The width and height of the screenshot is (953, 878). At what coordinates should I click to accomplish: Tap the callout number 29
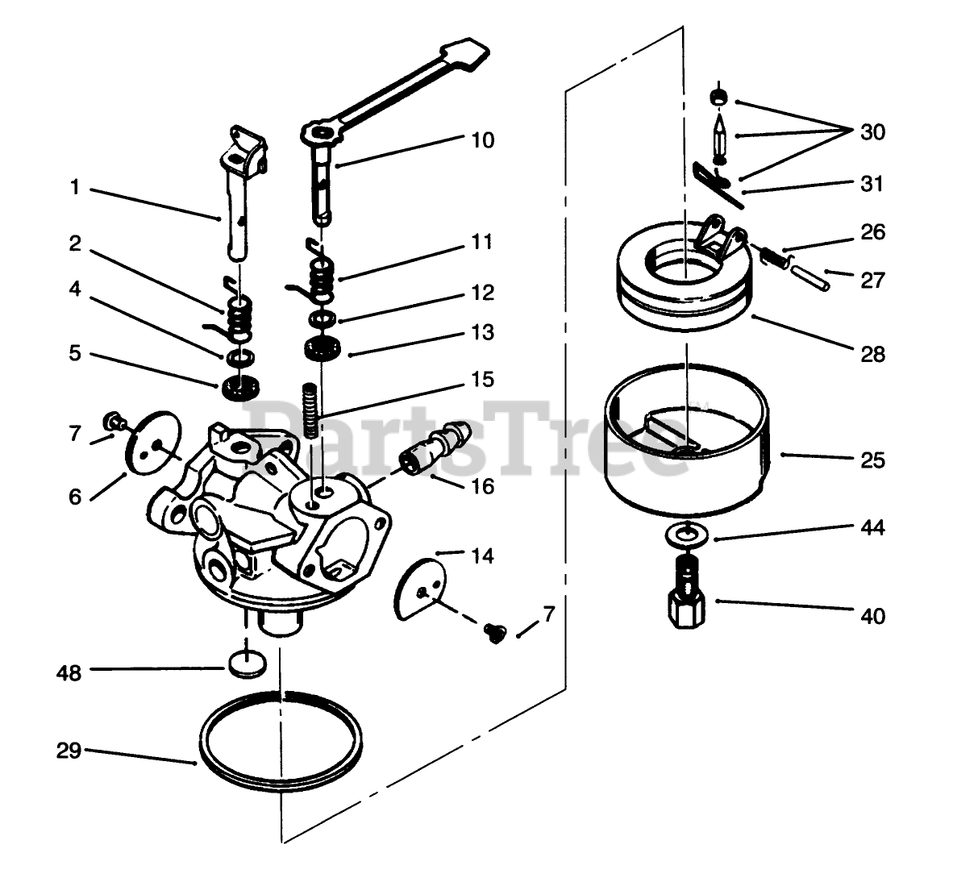point(69,751)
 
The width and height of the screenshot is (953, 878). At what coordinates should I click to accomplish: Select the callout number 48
point(70,672)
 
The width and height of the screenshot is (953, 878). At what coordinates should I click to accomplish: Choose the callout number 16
point(481,486)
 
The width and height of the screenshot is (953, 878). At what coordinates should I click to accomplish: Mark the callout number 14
point(481,556)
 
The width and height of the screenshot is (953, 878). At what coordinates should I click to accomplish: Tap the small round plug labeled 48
point(246,664)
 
